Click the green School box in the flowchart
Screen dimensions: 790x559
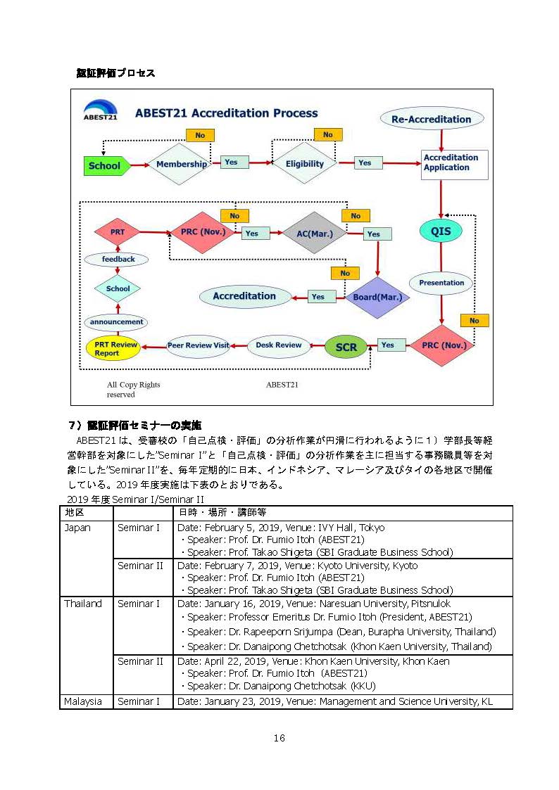[x=105, y=166]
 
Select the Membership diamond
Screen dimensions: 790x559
[x=181, y=164]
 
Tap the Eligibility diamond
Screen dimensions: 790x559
[x=304, y=164]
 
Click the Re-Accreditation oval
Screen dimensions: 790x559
[x=431, y=119]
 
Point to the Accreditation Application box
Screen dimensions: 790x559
[x=454, y=164]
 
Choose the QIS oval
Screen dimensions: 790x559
[x=441, y=231]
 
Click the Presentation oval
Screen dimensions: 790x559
[x=441, y=283]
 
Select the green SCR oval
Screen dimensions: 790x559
[x=346, y=347]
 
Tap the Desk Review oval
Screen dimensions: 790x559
[x=279, y=345]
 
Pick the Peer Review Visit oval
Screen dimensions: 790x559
[x=198, y=345]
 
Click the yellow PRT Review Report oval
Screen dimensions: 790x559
[x=113, y=348]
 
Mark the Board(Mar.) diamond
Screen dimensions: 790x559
[x=377, y=296]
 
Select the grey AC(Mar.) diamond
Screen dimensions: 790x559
[x=314, y=233]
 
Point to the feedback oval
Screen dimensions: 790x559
[x=118, y=260]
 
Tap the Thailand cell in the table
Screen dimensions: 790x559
[x=83, y=604]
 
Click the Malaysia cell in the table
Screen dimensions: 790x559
[x=83, y=701]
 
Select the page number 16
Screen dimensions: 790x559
[x=279, y=738]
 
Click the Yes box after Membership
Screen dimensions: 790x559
[x=231, y=163]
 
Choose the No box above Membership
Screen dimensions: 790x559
[x=200, y=135]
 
